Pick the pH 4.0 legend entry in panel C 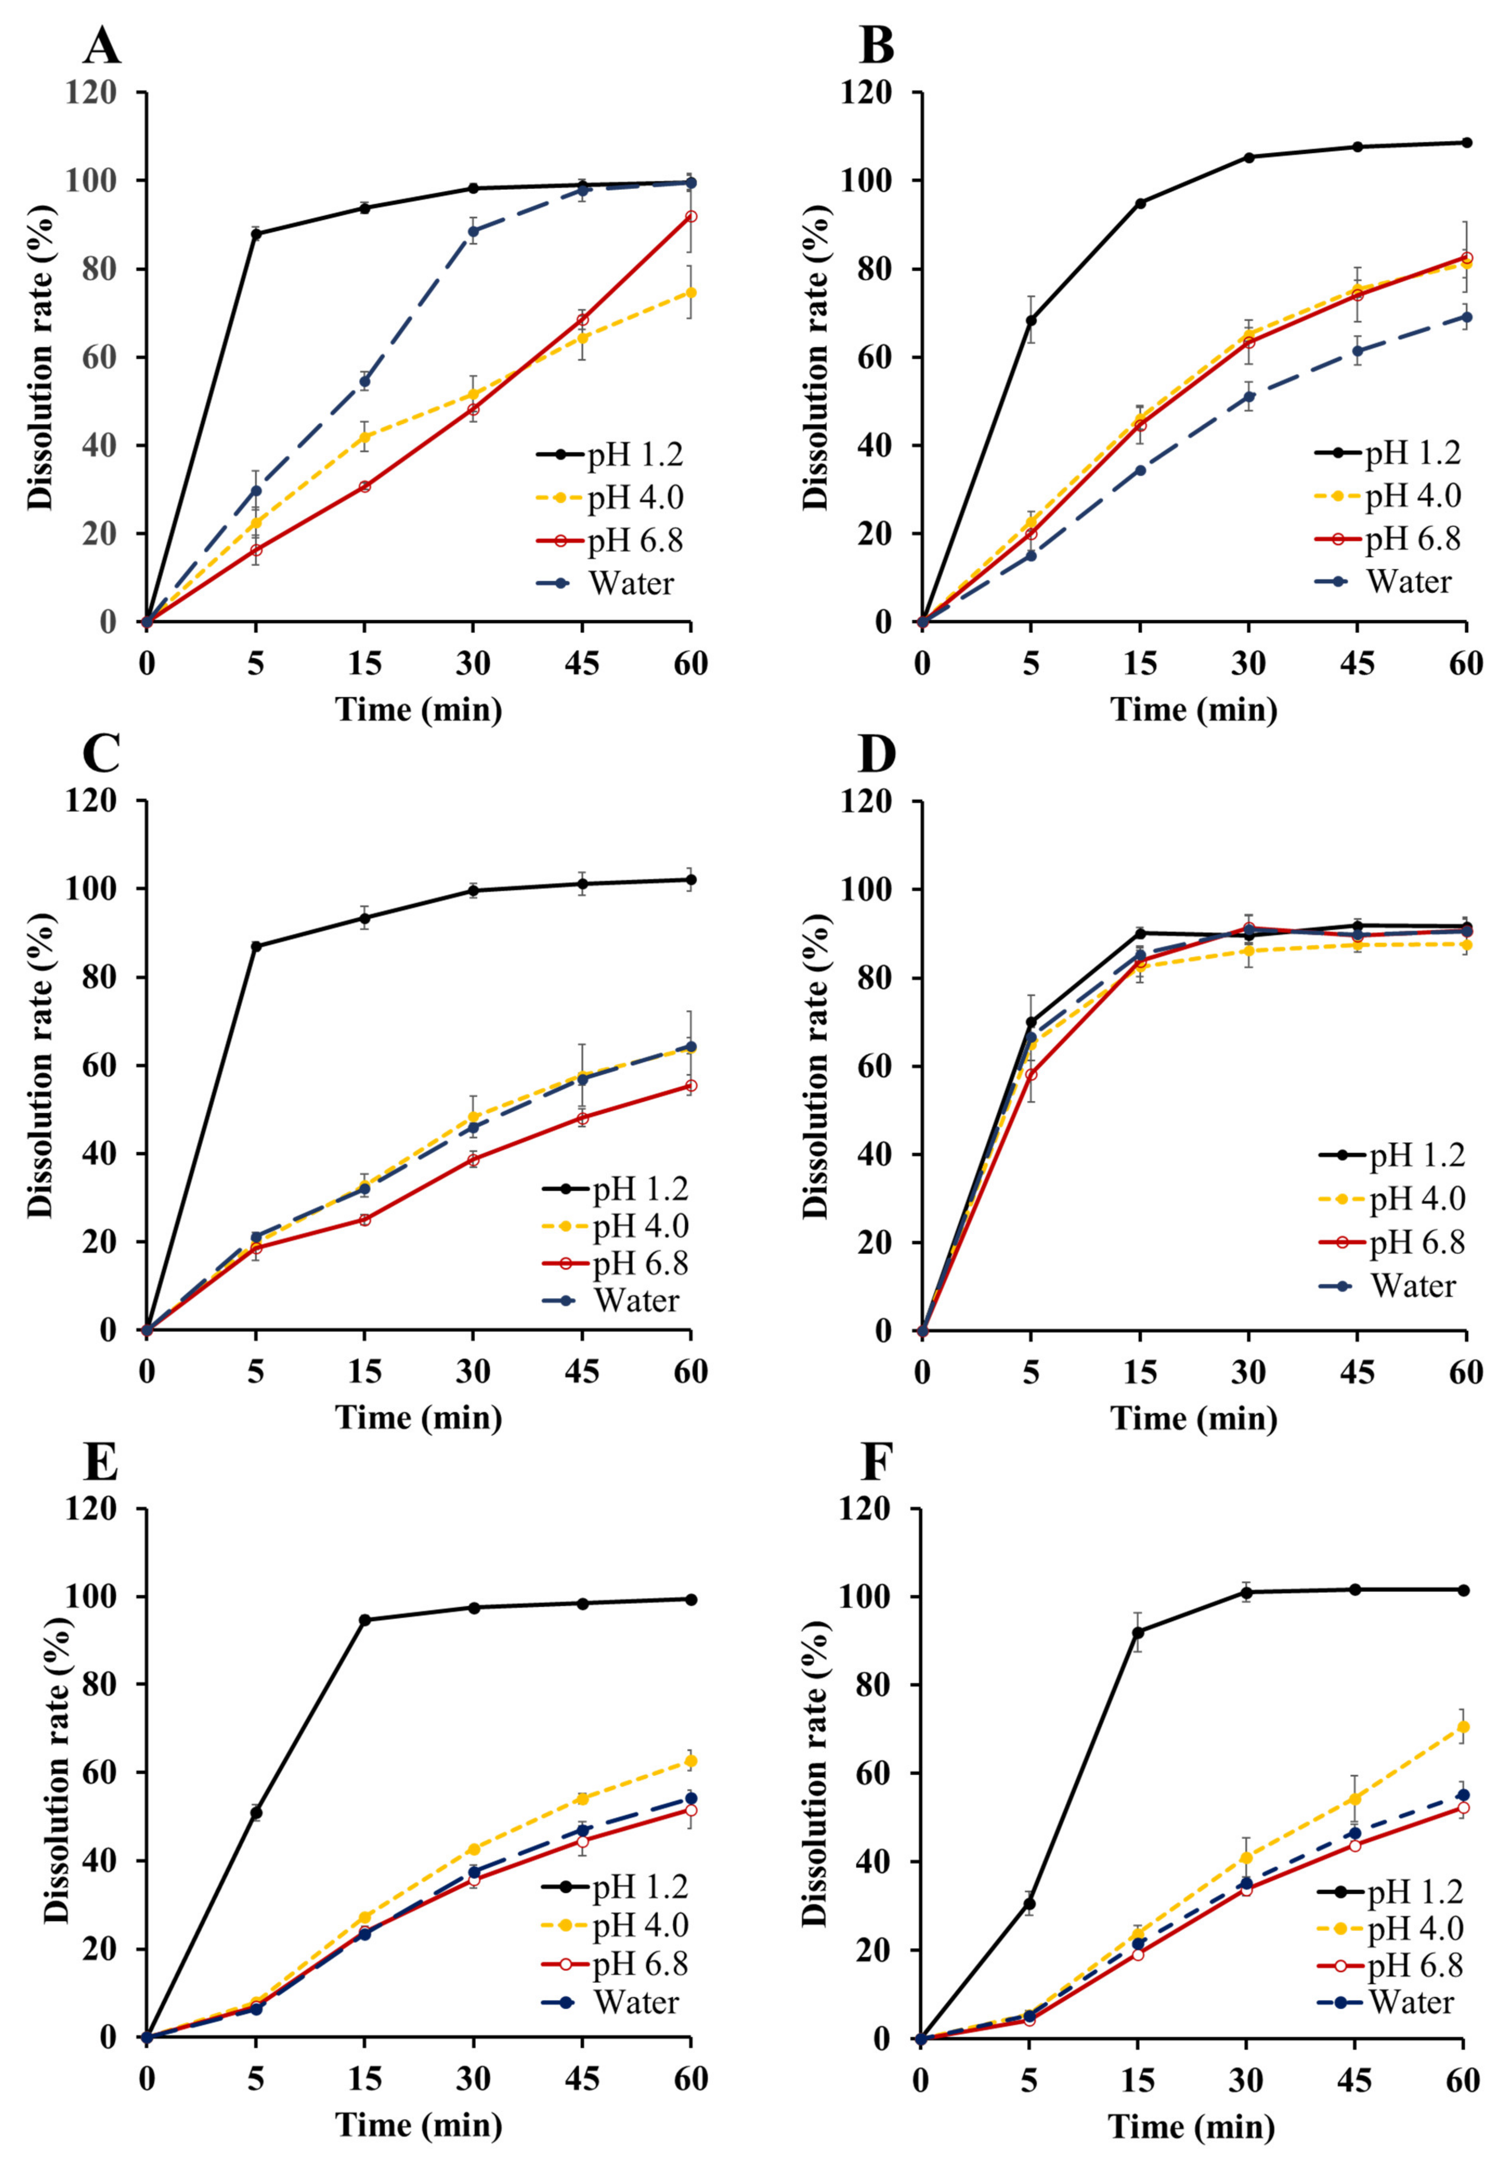pyautogui.click(x=640, y=1226)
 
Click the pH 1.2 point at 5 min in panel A pyautogui.click(x=255, y=233)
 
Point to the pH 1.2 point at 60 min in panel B pyautogui.click(x=1466, y=143)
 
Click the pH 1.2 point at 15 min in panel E pyautogui.click(x=364, y=1620)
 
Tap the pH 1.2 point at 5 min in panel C pyautogui.click(x=255, y=946)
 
